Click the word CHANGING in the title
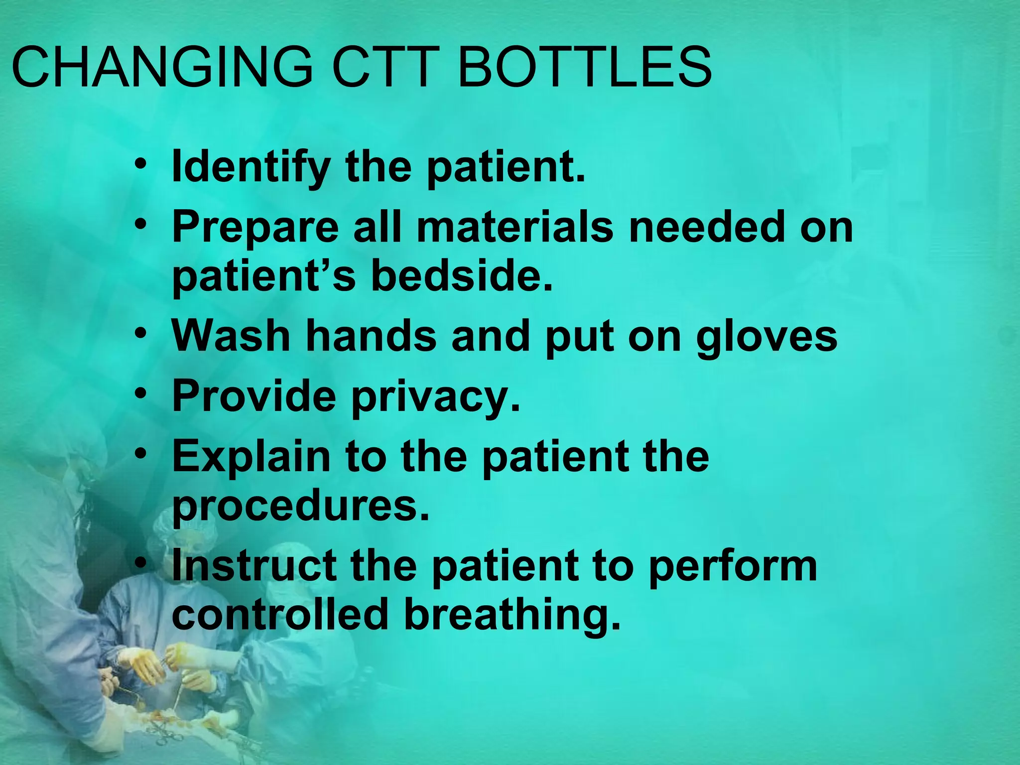tap(162, 67)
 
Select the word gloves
tap(766, 337)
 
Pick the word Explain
tap(251, 457)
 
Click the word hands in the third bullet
tap(371, 336)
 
